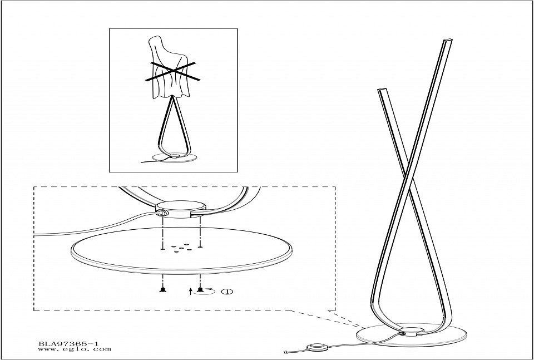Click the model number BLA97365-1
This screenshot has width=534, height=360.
point(68,344)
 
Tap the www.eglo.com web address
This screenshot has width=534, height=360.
point(75,349)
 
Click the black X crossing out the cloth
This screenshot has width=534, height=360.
point(172,71)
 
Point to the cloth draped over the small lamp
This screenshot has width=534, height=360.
point(169,68)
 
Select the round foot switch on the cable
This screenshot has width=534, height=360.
point(318,348)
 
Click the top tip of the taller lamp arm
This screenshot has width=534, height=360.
point(448,41)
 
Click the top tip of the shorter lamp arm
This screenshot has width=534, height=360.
point(383,90)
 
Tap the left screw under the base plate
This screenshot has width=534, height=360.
point(163,289)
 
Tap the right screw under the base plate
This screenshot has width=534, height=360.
point(200,289)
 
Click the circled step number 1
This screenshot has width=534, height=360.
point(227,292)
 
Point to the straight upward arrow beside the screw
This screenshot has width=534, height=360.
point(190,291)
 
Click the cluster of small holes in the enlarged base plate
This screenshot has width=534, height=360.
point(180,248)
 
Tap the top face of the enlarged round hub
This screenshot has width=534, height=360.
point(181,205)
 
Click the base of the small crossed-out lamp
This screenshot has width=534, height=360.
point(174,157)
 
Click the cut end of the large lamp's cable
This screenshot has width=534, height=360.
point(285,352)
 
